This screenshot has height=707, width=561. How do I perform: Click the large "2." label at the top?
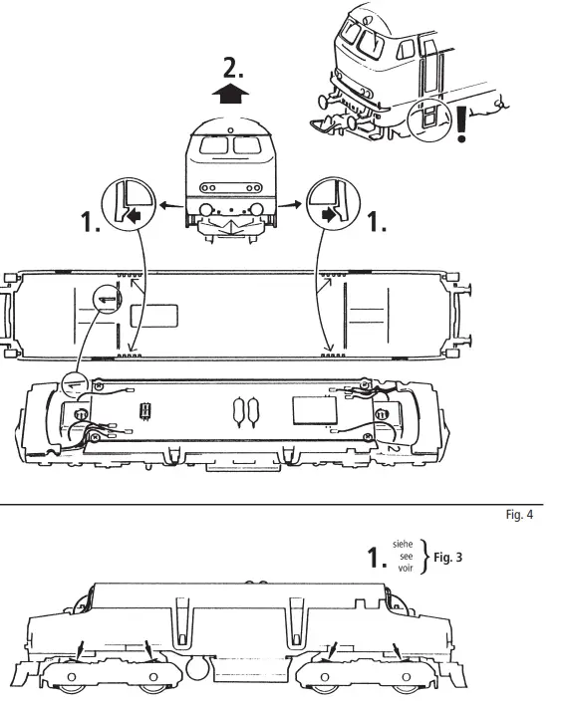pyautogui.click(x=231, y=69)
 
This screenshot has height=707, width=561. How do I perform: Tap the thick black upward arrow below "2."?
pyautogui.click(x=231, y=96)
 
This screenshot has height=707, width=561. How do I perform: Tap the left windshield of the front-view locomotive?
pyautogui.click(x=214, y=146)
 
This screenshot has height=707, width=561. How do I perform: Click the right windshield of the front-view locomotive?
pyautogui.click(x=246, y=146)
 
